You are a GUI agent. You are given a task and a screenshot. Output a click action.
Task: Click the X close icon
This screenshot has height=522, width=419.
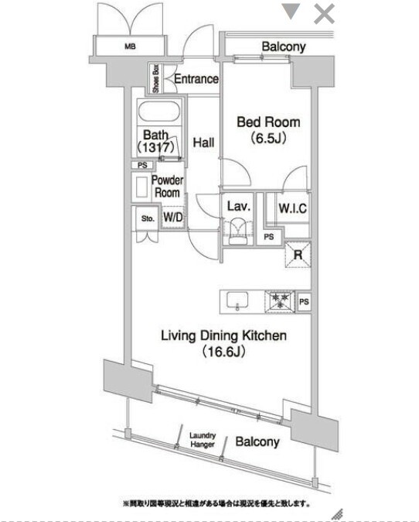(x=324, y=14)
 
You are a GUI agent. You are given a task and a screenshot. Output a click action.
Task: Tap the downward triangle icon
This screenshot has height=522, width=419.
(x=291, y=12)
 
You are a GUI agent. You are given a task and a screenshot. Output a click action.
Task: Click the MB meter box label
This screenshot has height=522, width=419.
(x=130, y=46)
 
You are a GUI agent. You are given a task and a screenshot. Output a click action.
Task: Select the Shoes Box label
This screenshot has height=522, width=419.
(x=156, y=78)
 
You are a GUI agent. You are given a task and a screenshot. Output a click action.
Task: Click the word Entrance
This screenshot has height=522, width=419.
(x=196, y=79)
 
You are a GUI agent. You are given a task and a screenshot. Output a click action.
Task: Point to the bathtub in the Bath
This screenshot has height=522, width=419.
(x=158, y=112)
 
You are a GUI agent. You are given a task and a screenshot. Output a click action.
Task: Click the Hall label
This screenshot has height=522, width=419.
(x=203, y=143)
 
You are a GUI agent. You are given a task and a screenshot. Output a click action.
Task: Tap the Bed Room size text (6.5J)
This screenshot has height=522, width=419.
(x=268, y=138)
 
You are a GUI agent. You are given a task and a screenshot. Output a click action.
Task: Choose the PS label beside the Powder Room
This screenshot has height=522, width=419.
(x=142, y=165)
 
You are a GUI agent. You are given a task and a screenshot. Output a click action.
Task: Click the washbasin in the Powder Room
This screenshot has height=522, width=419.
(x=141, y=187)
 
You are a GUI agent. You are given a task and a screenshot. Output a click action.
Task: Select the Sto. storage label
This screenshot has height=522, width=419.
(x=148, y=218)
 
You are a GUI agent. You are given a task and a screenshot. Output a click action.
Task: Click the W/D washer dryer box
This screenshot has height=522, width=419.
(x=173, y=218)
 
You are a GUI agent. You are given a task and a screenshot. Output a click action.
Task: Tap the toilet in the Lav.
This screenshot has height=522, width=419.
(x=238, y=231)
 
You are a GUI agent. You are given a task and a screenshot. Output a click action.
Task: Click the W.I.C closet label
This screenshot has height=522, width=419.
(x=292, y=208)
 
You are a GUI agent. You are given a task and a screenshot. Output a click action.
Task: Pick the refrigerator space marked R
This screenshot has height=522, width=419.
(x=298, y=255)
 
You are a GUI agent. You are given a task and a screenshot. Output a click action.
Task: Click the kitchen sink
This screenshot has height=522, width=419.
(x=237, y=300)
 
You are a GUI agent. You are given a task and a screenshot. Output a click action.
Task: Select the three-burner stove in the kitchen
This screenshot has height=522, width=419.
(x=279, y=302)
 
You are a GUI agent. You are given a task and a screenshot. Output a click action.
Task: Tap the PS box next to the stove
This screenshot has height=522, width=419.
(x=304, y=302)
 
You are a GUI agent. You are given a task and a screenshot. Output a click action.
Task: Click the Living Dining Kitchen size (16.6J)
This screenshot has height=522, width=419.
(x=224, y=351)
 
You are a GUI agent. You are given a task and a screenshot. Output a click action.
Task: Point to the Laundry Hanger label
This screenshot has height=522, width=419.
(x=203, y=440)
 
